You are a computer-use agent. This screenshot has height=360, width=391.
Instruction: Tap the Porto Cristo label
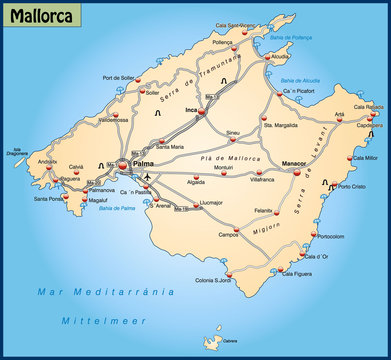(x=352, y=186)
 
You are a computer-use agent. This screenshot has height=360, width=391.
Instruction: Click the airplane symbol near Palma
(x=147, y=177)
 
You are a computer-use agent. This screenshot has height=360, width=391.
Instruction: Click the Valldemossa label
(x=85, y=119)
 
